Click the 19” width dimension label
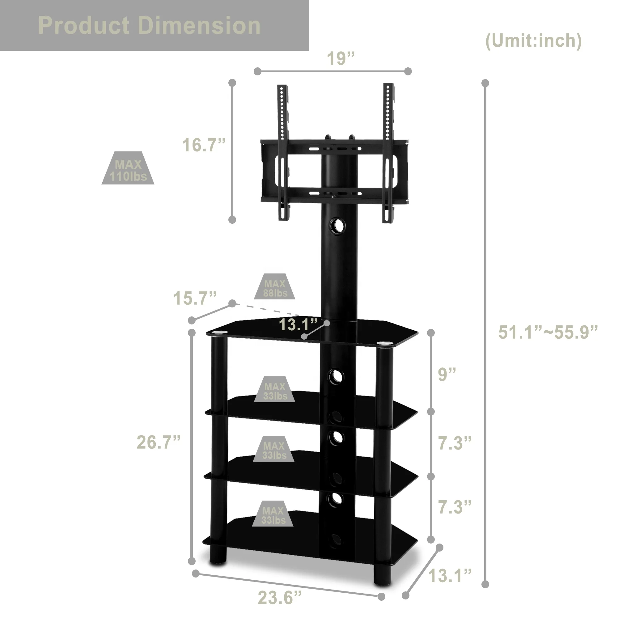pyautogui.click(x=340, y=58)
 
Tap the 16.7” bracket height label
pyautogui.click(x=204, y=145)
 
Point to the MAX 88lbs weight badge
pyautogui.click(x=274, y=288)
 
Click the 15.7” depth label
pyautogui.click(x=195, y=298)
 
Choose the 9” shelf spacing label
pyautogui.click(x=447, y=374)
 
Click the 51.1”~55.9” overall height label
pyautogui.click(x=548, y=332)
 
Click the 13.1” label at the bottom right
pyautogui.click(x=450, y=576)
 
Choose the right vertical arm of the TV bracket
pyautogui.click(x=388, y=154)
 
